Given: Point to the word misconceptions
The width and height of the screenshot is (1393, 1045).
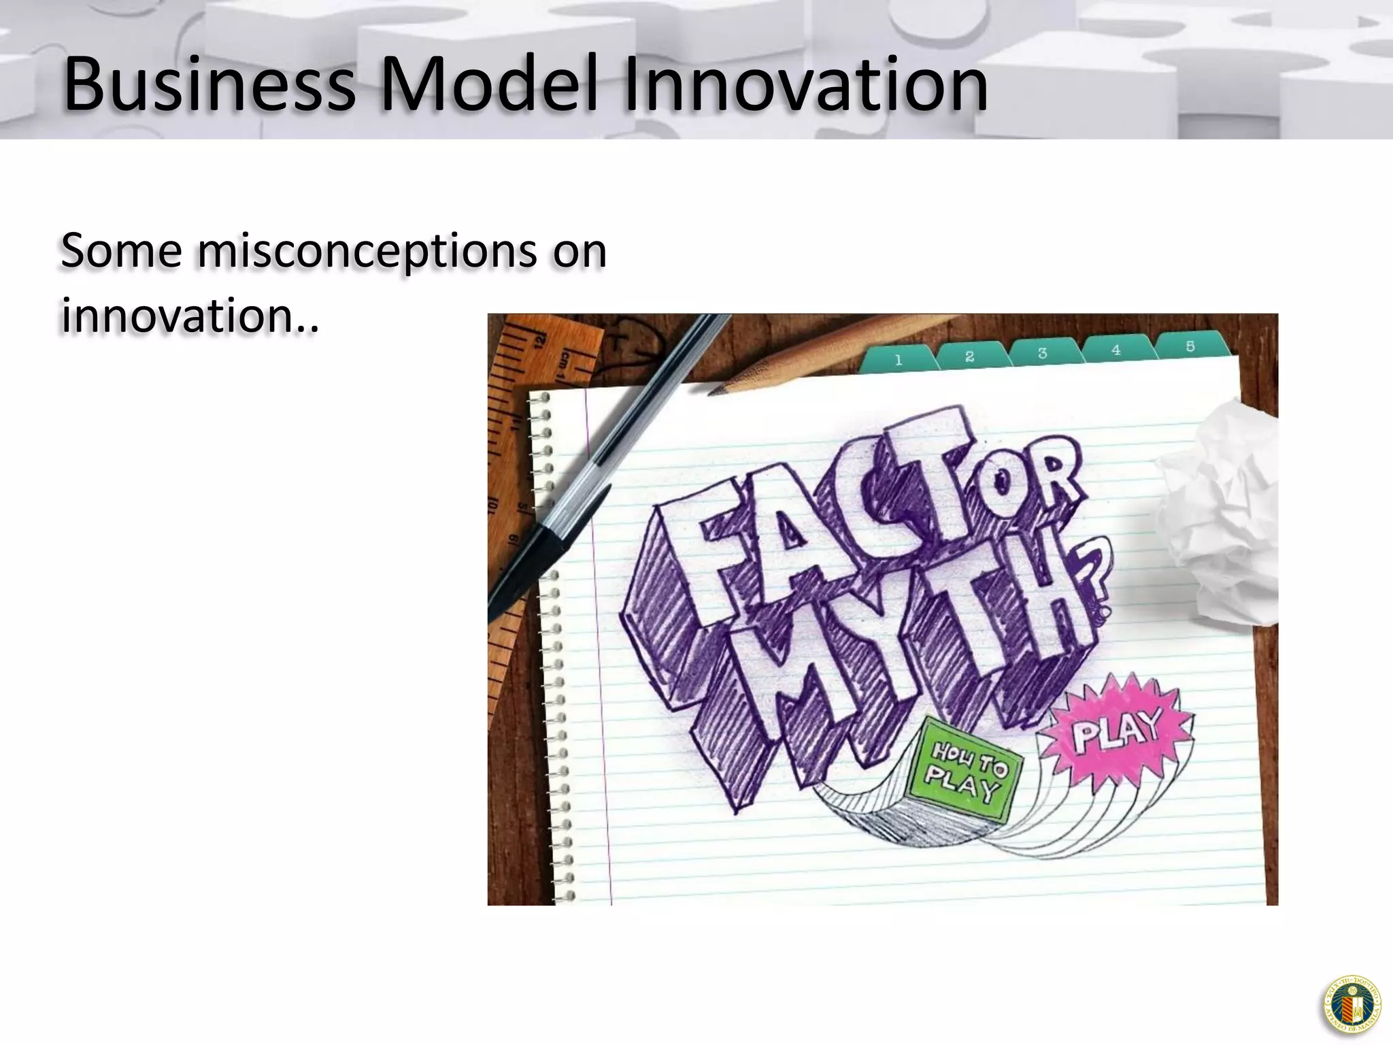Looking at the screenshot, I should (x=367, y=252).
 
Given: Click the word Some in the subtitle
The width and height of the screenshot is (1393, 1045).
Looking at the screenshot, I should (x=121, y=251).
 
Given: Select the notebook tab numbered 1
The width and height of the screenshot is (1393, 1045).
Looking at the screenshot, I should (x=898, y=360).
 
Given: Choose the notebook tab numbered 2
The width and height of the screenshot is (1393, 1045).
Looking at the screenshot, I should (x=970, y=356).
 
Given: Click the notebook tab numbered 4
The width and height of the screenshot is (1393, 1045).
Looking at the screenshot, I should (x=1115, y=350).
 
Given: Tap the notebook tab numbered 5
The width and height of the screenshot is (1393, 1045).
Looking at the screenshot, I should (x=1190, y=347).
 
